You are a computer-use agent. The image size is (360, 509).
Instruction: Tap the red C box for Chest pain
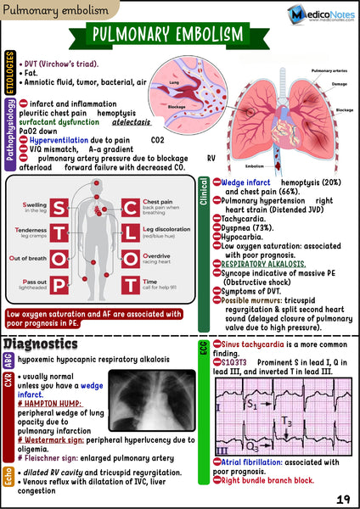coord(132,211)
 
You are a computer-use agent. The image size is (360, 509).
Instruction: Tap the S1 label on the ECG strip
coord(253,405)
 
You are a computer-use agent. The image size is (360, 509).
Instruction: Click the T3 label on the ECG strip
coord(287,422)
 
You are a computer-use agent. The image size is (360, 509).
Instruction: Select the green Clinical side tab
coord(203,194)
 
